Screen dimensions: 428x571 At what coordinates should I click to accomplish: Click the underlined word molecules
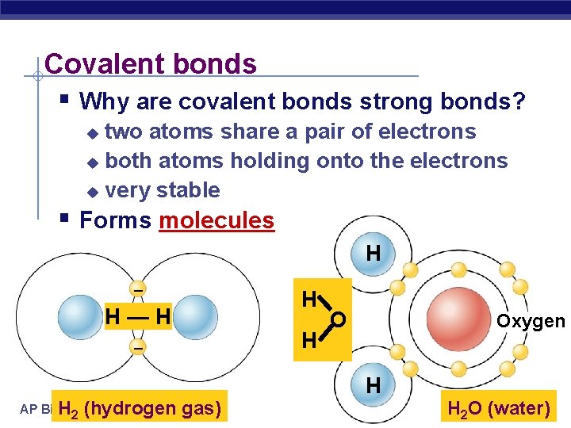tap(217, 220)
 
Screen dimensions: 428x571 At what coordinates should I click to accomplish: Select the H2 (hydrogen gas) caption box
tap(141, 409)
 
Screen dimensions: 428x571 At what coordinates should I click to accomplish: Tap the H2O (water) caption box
tap(499, 409)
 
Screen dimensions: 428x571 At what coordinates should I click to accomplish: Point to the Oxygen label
tap(531, 321)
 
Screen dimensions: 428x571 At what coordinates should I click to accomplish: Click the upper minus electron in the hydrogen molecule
tap(138, 289)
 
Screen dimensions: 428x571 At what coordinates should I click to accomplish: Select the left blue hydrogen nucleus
tap(82, 317)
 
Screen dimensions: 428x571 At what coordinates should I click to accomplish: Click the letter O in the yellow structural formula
tap(338, 320)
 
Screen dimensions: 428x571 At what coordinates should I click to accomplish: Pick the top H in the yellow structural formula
tap(309, 299)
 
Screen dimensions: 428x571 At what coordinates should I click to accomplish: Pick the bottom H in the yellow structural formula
tap(309, 342)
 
